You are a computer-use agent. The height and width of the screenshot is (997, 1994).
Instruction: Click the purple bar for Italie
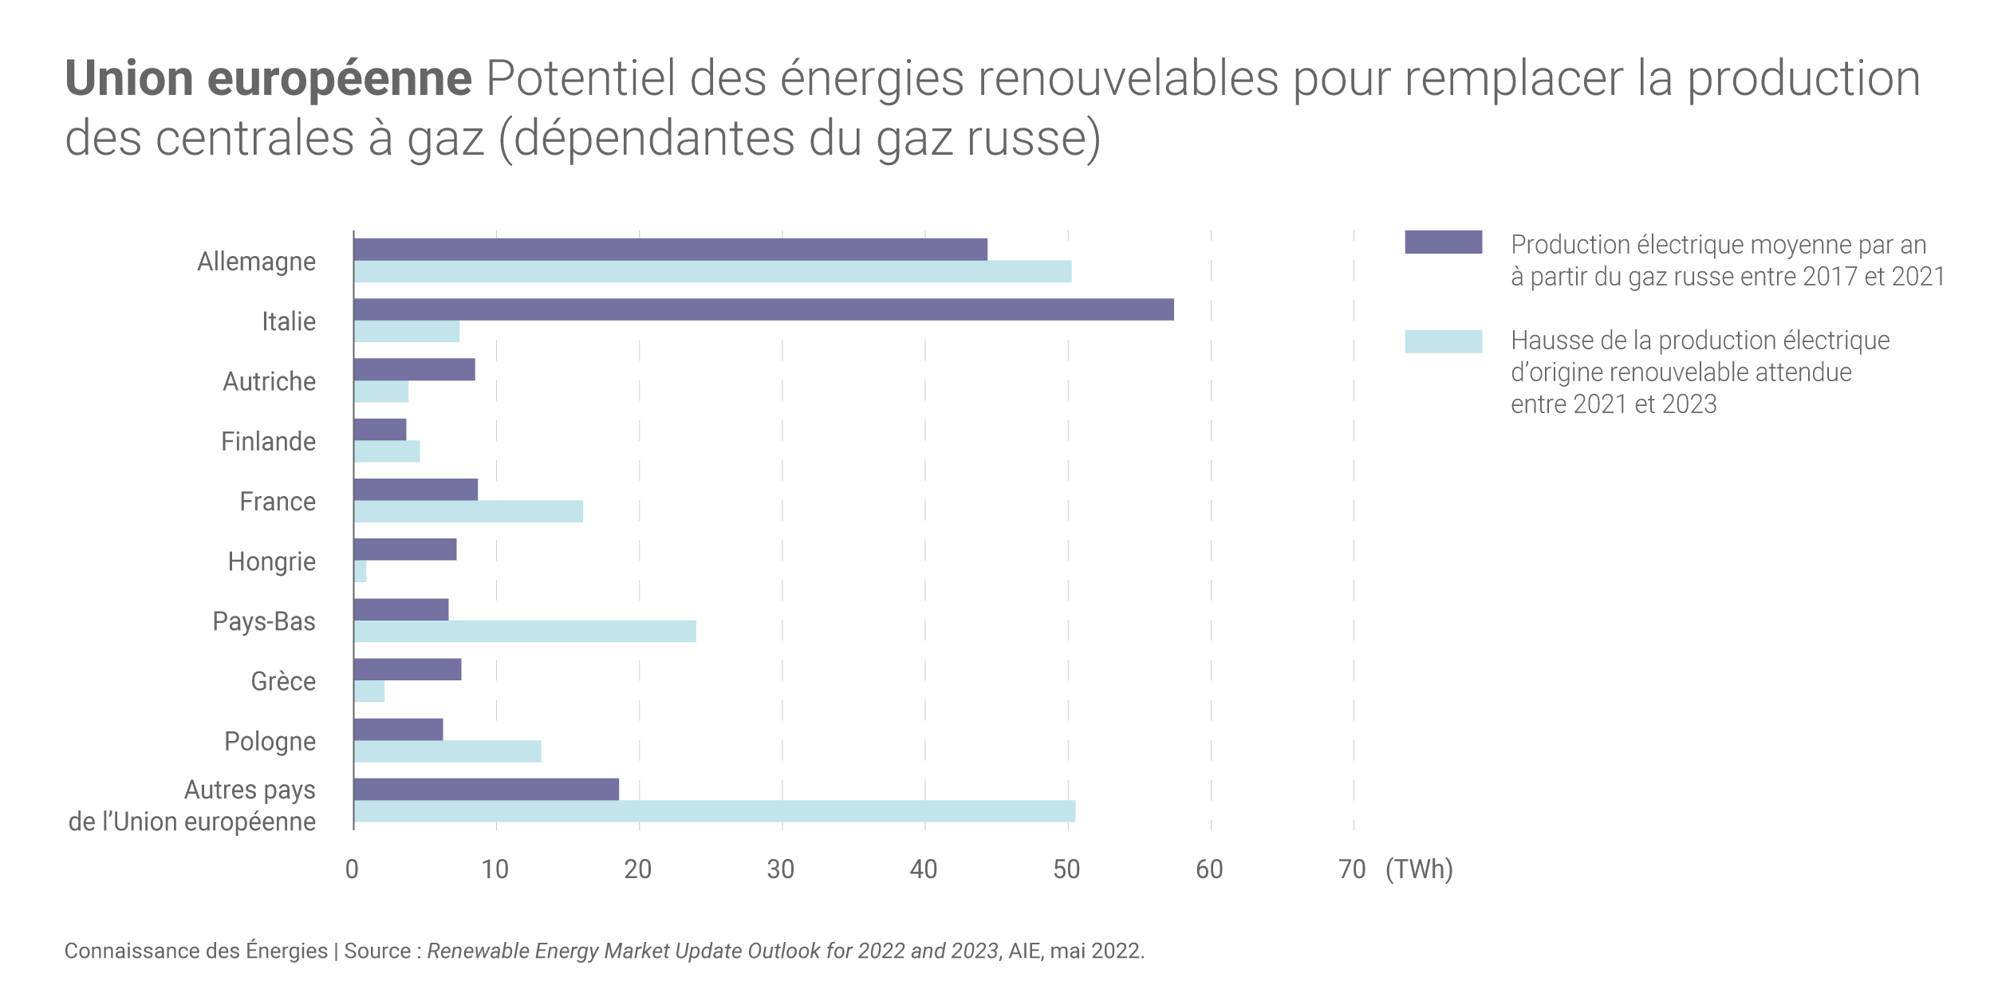(763, 309)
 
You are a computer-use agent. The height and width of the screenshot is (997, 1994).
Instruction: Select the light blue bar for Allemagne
(712, 272)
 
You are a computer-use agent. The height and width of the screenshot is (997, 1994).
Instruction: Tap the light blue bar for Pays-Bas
(525, 632)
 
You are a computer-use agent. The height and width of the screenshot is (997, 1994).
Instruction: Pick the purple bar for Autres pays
(486, 790)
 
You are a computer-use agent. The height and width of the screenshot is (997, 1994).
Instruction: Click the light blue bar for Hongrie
(361, 571)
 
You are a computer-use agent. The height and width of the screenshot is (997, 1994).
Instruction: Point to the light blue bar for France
(468, 511)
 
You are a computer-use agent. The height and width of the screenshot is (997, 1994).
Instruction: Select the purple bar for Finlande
(380, 429)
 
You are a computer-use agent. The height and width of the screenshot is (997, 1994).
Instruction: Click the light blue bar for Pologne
(447, 751)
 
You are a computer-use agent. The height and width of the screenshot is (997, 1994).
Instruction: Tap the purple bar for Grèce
(407, 669)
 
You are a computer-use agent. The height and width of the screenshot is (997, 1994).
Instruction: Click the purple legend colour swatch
(1443, 242)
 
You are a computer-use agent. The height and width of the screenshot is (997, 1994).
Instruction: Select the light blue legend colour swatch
(1443, 341)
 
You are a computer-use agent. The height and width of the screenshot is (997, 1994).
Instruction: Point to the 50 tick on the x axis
(1066, 869)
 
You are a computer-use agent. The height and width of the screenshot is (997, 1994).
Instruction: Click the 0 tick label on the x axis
(352, 869)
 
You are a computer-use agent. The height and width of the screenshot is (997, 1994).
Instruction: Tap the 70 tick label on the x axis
(1352, 869)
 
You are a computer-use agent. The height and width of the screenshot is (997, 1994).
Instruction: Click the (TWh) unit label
(1419, 869)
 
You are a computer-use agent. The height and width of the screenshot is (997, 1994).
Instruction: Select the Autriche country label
(269, 381)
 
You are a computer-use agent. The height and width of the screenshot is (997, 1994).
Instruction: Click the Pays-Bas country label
(263, 621)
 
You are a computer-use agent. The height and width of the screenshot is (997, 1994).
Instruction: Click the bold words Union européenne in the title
(268, 79)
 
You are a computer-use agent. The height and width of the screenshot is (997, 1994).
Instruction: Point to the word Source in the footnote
(376, 952)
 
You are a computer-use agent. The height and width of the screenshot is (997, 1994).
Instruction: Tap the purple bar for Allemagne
(670, 250)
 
